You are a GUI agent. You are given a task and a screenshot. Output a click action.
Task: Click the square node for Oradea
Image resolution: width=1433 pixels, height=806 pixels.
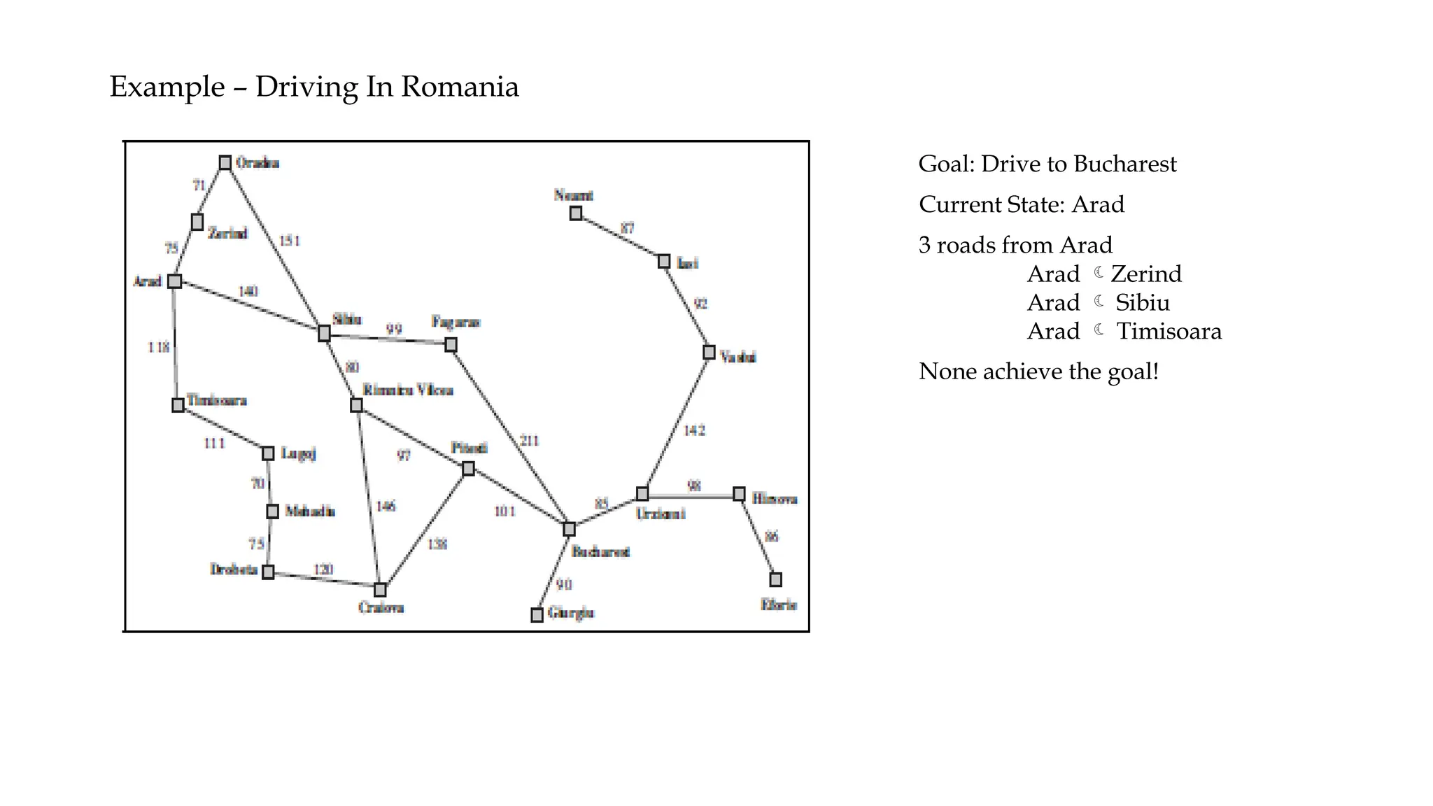[225, 163]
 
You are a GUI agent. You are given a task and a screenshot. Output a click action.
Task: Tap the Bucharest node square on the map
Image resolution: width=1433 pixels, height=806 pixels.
[569, 529]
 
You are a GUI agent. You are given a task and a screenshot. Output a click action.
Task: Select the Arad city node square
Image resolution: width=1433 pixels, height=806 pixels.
[175, 281]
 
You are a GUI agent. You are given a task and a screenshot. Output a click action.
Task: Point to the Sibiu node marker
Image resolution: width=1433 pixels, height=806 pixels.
[324, 333]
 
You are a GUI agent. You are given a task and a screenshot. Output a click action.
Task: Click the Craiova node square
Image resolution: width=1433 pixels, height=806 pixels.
[380, 590]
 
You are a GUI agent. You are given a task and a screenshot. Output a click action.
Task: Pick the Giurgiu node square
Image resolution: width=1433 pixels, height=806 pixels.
[537, 615]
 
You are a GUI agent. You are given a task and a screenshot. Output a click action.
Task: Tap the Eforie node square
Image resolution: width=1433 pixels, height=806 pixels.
[775, 579]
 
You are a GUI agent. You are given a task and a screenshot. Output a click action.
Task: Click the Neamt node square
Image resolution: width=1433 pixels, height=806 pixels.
[575, 213]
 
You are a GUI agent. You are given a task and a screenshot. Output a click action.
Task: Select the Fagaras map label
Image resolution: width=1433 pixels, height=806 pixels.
[456, 322]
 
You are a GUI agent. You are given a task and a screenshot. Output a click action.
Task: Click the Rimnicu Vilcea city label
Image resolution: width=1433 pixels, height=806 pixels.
[407, 390]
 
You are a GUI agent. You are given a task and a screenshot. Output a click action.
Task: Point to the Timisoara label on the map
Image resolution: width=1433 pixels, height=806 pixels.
[216, 400]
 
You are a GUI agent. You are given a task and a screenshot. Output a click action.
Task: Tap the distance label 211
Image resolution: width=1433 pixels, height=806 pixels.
[529, 441]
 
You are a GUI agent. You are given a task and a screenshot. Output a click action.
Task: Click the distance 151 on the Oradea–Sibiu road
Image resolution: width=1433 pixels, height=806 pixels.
[290, 241]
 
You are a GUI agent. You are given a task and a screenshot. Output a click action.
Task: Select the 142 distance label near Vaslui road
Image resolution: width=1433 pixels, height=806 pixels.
[694, 430]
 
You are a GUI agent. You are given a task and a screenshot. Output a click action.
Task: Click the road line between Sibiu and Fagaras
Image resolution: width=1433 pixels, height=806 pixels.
[388, 339]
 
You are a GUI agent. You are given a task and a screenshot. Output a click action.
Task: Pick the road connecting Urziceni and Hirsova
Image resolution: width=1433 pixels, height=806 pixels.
[690, 495]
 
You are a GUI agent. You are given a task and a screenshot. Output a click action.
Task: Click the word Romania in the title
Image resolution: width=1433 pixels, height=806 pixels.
[460, 87]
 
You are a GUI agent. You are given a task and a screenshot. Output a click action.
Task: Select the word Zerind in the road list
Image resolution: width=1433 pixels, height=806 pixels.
[1146, 274]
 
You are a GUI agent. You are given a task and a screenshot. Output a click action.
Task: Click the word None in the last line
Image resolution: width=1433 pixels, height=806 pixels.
[948, 371]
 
